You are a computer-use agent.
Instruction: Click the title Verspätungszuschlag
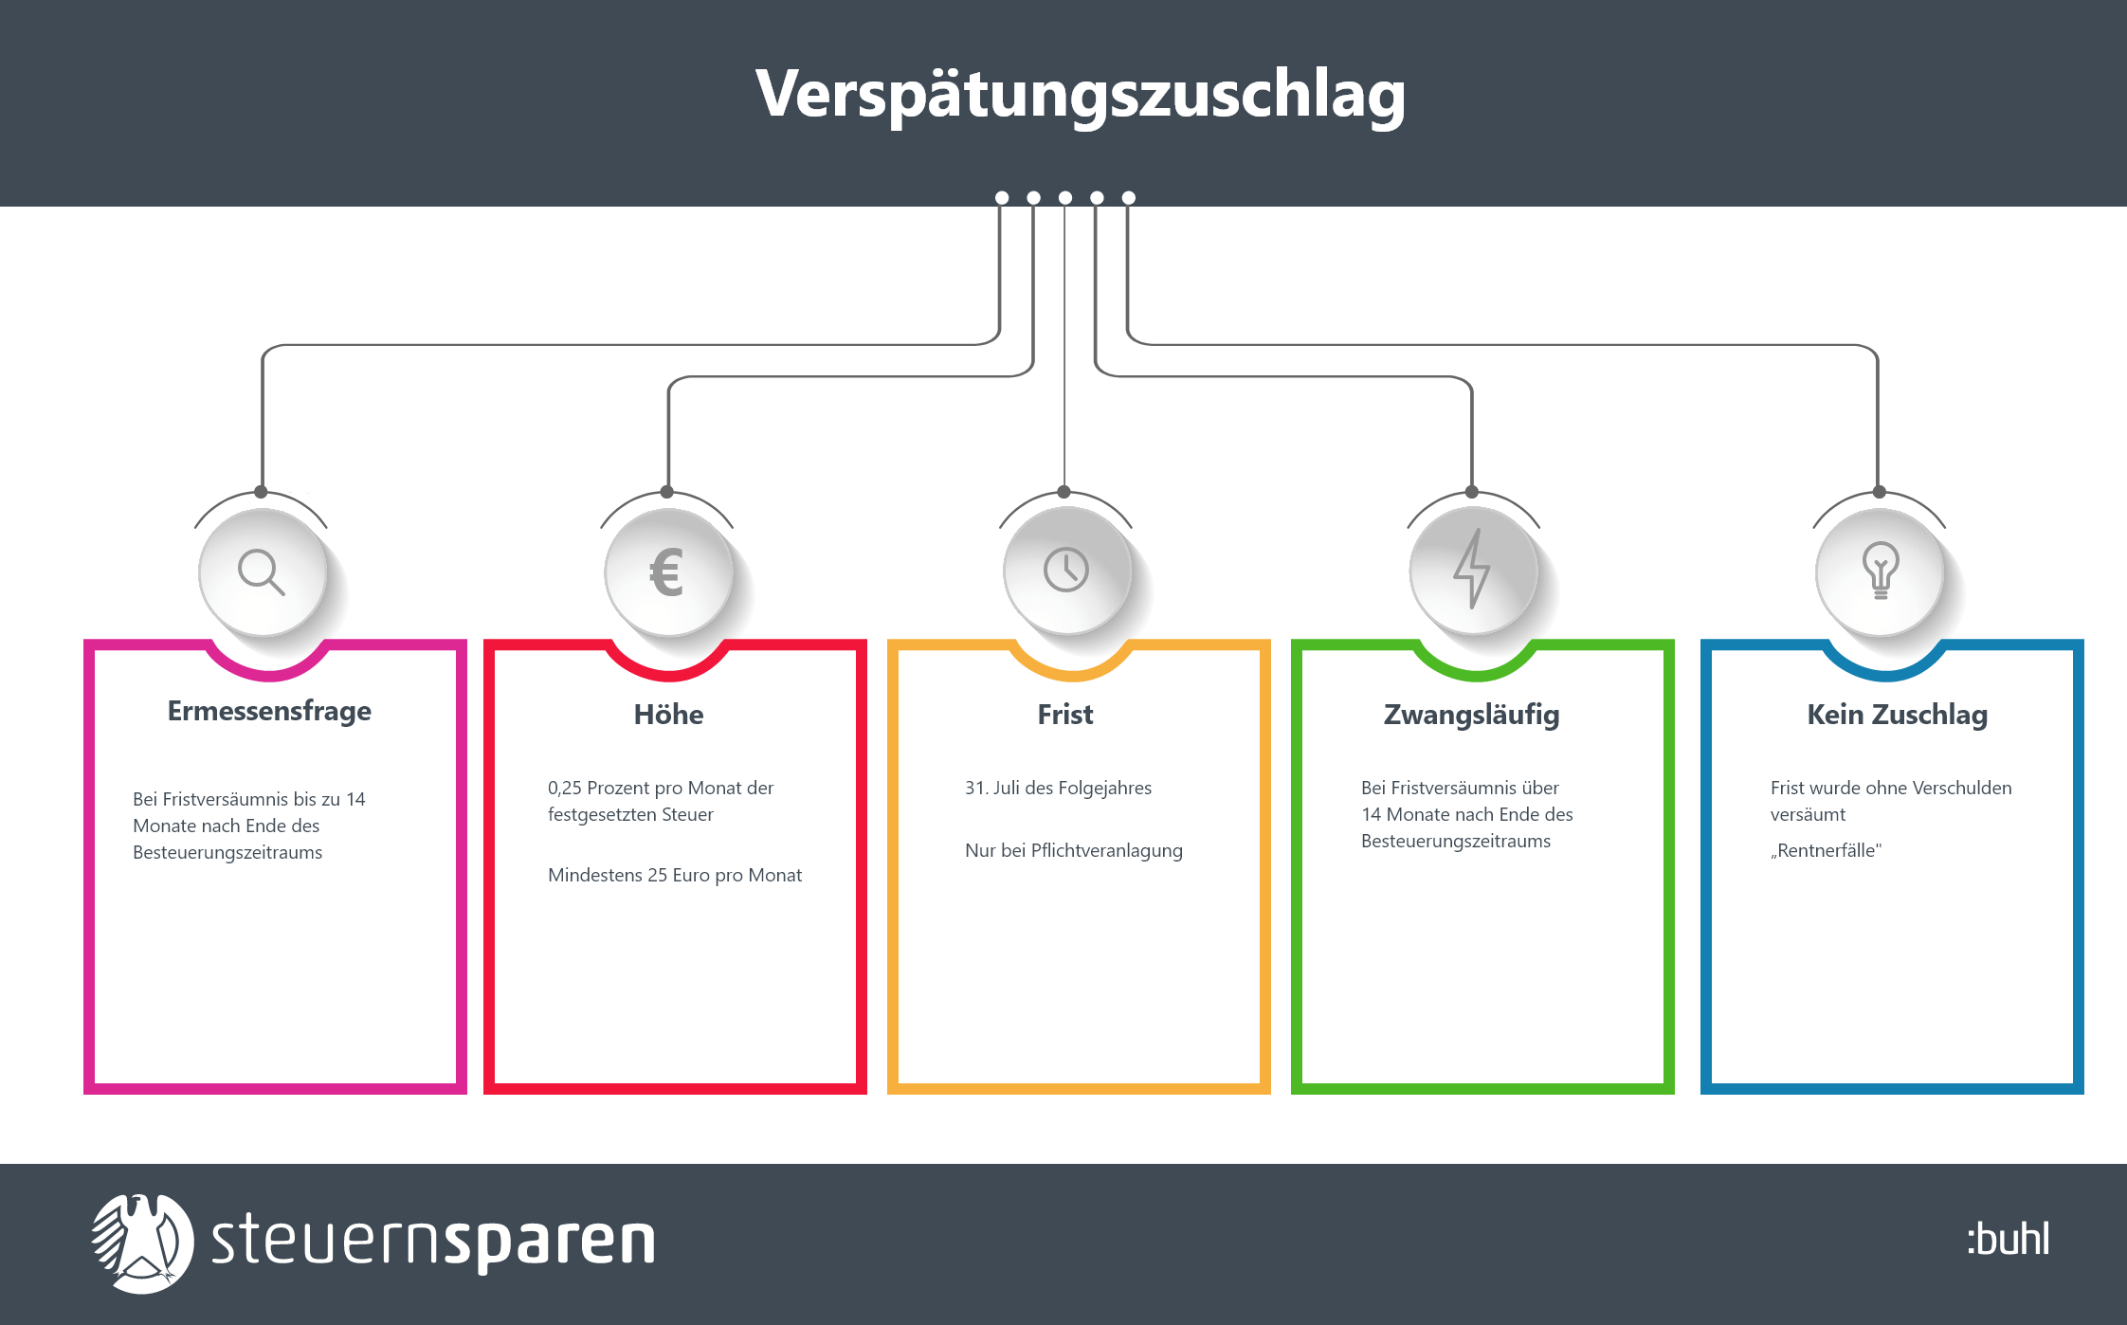[x=1080, y=95]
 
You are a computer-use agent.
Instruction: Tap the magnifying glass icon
[x=261, y=572]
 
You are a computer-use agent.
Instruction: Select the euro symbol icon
[x=667, y=572]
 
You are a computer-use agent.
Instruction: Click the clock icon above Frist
[x=1066, y=571]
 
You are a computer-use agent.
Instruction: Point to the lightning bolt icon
[x=1472, y=569]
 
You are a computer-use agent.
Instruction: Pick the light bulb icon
[x=1881, y=570]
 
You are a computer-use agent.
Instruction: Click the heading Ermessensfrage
[x=269, y=711]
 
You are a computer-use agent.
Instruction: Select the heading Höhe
[x=668, y=715]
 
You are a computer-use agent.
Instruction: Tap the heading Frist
[x=1065, y=715]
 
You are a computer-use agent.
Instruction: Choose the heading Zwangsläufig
[x=1471, y=715]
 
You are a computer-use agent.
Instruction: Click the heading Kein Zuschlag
[x=1897, y=715]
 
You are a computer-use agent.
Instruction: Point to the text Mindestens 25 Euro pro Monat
[x=674, y=875]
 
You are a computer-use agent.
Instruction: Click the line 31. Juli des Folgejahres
[x=1058, y=788]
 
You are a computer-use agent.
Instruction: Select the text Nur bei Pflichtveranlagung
[x=1073, y=850]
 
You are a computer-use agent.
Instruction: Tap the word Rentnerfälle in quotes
[x=1826, y=850]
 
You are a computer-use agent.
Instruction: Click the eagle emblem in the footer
[x=142, y=1243]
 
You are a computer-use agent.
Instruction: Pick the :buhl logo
[x=2008, y=1240]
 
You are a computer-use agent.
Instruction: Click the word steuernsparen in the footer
[x=433, y=1242]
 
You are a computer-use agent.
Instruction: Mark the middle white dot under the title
[x=1065, y=198]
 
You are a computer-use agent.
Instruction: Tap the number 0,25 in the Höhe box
[x=565, y=788]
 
